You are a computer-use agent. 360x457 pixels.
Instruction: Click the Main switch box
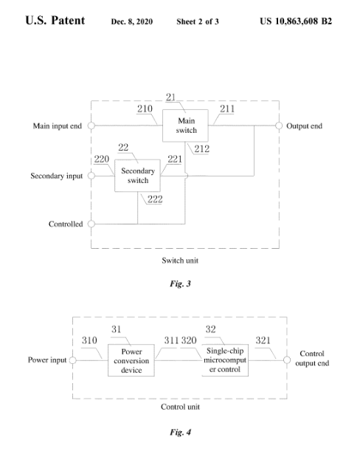[x=185, y=126]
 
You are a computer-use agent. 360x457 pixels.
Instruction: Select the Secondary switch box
[x=137, y=176]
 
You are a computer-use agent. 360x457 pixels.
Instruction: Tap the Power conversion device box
[x=131, y=360]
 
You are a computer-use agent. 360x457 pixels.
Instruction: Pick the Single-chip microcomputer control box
[x=225, y=360]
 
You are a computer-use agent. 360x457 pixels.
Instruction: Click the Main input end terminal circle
[x=91, y=126]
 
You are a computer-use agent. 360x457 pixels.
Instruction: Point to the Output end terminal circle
[x=279, y=126]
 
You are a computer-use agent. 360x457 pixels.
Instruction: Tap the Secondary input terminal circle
[x=91, y=176]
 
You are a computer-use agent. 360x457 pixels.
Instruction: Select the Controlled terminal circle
[x=91, y=224]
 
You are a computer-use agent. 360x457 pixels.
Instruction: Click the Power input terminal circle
[x=72, y=360]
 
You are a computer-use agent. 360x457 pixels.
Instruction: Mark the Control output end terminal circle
[x=287, y=360]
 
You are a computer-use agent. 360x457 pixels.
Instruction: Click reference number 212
[x=202, y=149]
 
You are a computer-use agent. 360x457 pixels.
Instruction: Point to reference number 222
[x=155, y=199]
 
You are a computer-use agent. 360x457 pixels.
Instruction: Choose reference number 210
[x=145, y=109]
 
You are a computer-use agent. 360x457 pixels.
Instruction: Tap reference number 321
[x=263, y=340]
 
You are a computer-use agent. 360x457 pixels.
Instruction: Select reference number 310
[x=89, y=340]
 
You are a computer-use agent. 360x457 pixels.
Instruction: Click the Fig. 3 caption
[x=180, y=284]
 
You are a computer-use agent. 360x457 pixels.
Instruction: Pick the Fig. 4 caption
[x=180, y=432]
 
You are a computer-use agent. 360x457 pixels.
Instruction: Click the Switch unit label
[x=180, y=261]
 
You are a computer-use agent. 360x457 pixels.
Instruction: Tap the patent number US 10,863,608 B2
[x=296, y=21]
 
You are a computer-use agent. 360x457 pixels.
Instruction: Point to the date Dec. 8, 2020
[x=131, y=21]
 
